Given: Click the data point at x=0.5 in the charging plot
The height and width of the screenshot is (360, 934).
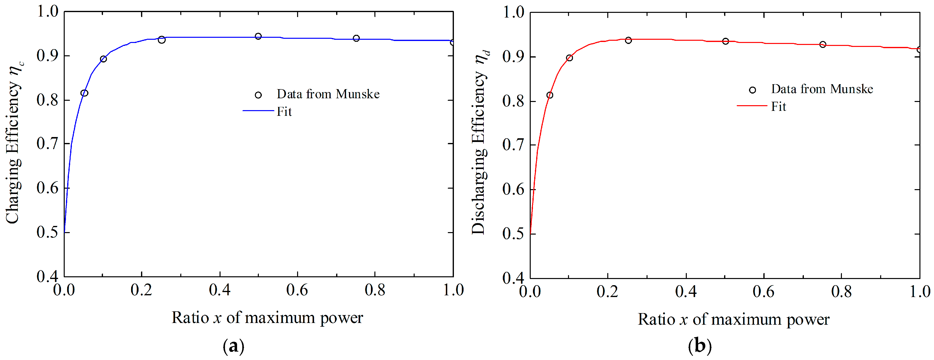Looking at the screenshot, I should click(x=258, y=36).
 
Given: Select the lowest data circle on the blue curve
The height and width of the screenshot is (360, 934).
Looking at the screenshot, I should click(x=84, y=93).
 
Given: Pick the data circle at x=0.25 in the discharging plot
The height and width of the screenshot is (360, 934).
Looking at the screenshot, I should click(x=628, y=40).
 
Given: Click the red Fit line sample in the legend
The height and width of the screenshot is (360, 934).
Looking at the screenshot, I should click(x=752, y=105).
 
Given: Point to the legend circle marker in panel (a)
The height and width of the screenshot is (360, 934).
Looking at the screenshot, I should click(x=258, y=95).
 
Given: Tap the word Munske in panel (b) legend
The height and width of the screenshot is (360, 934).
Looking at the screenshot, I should click(x=852, y=89).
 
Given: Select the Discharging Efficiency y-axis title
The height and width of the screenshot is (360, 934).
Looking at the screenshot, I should click(x=480, y=143).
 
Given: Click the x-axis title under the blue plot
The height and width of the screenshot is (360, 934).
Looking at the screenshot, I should click(x=267, y=318).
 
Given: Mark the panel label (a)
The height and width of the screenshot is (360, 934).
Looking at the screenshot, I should click(x=233, y=346).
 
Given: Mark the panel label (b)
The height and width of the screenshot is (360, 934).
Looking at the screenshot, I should click(x=699, y=346).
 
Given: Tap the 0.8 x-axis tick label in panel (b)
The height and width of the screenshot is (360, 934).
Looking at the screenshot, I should click(x=841, y=292).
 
